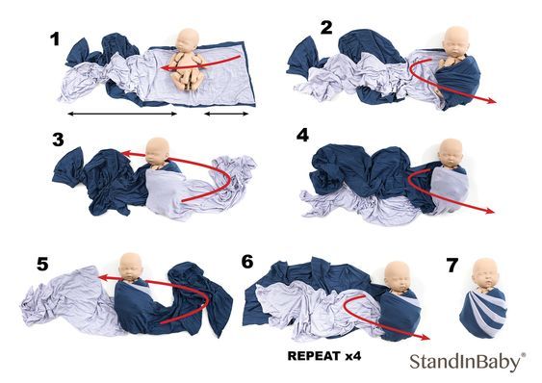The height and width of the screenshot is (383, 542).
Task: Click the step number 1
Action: tap(55, 39)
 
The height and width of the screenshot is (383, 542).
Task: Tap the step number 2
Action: tap(326, 28)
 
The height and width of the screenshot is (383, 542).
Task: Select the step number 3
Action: tap(58, 140)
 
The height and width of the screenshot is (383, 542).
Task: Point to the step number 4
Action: tap(302, 135)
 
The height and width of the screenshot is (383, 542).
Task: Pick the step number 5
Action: tap(42, 265)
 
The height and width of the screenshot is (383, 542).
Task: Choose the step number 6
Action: tap(247, 262)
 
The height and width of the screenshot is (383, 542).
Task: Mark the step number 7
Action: tap(452, 266)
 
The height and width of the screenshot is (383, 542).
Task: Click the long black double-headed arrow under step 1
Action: tap(122, 114)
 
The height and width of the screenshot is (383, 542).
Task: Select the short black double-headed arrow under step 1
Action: tap(226, 114)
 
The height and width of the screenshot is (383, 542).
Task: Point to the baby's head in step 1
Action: tap(189, 40)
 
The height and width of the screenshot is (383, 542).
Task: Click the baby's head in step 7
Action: tap(484, 273)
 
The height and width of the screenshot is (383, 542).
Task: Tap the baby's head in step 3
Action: tap(157, 151)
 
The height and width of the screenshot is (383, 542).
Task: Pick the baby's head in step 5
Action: tap(131, 267)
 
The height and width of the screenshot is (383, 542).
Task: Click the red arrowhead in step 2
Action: tap(492, 101)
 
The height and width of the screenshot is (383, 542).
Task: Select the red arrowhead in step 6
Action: tap(425, 338)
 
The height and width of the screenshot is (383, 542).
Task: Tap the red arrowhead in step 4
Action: tap(489, 211)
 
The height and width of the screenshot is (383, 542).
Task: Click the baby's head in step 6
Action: tap(398, 275)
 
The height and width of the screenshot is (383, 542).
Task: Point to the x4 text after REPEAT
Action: tap(353, 356)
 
